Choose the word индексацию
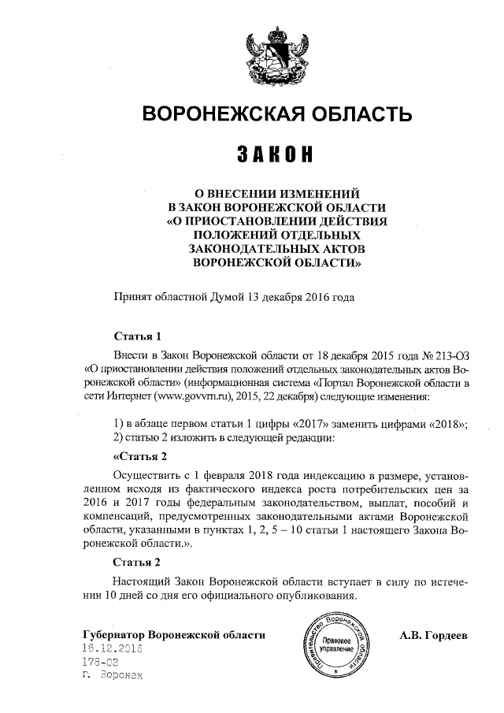[x=339, y=477]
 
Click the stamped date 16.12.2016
[x=116, y=648]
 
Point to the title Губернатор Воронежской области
[x=173, y=634]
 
